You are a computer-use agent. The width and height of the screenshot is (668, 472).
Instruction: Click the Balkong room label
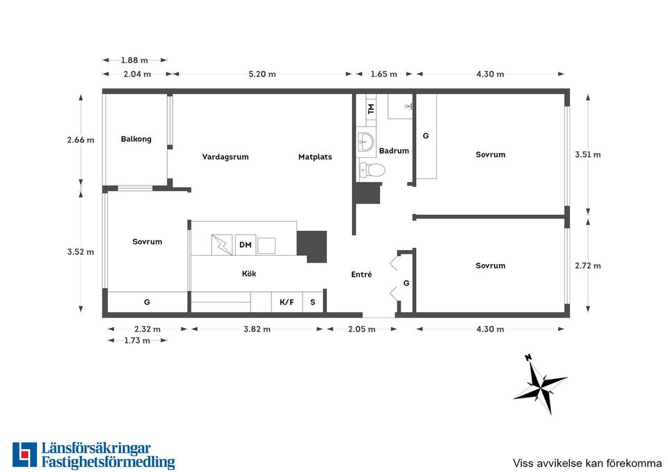tap(136, 139)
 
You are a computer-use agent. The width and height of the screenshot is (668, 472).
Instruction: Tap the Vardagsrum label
tap(225, 156)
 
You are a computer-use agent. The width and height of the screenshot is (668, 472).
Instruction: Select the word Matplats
tap(315, 156)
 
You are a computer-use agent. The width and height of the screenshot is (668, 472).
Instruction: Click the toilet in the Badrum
tap(372, 170)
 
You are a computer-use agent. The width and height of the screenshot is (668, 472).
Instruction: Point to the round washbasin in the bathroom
tap(365, 141)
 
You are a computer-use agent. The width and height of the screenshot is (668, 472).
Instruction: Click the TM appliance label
tap(371, 108)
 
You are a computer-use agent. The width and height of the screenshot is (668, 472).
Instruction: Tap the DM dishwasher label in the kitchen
tap(246, 245)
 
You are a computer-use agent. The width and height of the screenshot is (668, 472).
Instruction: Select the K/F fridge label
tap(287, 302)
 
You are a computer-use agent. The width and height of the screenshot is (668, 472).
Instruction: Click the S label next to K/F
tap(312, 302)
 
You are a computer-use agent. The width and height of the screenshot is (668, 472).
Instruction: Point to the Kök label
tap(249, 274)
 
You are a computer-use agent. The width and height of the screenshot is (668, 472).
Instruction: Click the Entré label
tap(361, 275)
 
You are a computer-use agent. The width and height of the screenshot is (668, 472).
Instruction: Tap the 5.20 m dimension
tap(262, 74)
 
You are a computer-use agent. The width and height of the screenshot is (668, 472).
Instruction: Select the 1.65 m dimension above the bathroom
tap(384, 74)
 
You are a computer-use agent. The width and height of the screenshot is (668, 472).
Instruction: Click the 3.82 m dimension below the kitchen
tap(257, 329)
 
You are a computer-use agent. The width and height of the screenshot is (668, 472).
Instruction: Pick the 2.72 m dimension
tap(588, 266)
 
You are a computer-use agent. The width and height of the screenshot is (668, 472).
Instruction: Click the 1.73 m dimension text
tap(137, 341)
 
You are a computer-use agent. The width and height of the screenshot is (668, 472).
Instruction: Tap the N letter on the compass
tap(529, 357)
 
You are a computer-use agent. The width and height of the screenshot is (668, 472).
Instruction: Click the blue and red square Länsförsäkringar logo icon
tap(25, 455)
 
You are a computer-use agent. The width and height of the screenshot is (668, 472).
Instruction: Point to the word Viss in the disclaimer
tap(522, 463)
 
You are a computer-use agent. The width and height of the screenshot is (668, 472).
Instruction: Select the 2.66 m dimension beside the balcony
tap(81, 140)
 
